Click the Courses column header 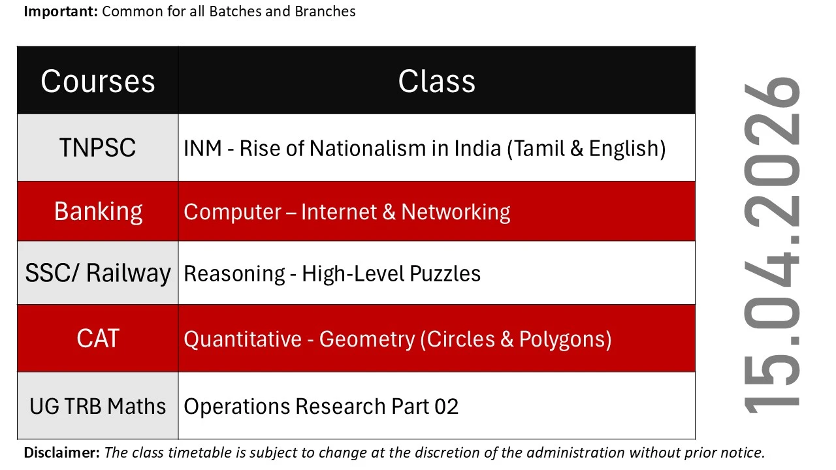(98, 82)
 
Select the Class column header (437, 82)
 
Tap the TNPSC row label (98, 148)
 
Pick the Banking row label (99, 212)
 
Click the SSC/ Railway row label (98, 274)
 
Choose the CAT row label (98, 339)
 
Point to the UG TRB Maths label (98, 406)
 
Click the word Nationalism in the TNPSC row (368, 148)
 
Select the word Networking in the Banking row (456, 213)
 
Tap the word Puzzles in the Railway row (445, 274)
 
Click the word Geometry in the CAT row (367, 340)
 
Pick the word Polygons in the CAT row (562, 340)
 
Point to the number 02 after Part (446, 407)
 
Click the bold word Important (61, 12)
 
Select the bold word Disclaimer (62, 453)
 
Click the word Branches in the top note (325, 12)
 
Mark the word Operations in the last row (237, 407)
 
